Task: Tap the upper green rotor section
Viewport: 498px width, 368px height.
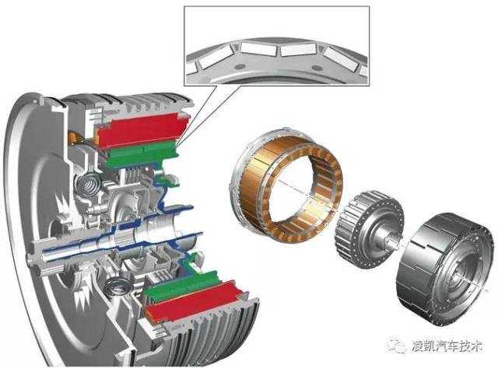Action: pyautogui.click(x=142, y=154)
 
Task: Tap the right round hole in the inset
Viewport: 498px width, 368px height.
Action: pyautogui.click(x=317, y=68)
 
